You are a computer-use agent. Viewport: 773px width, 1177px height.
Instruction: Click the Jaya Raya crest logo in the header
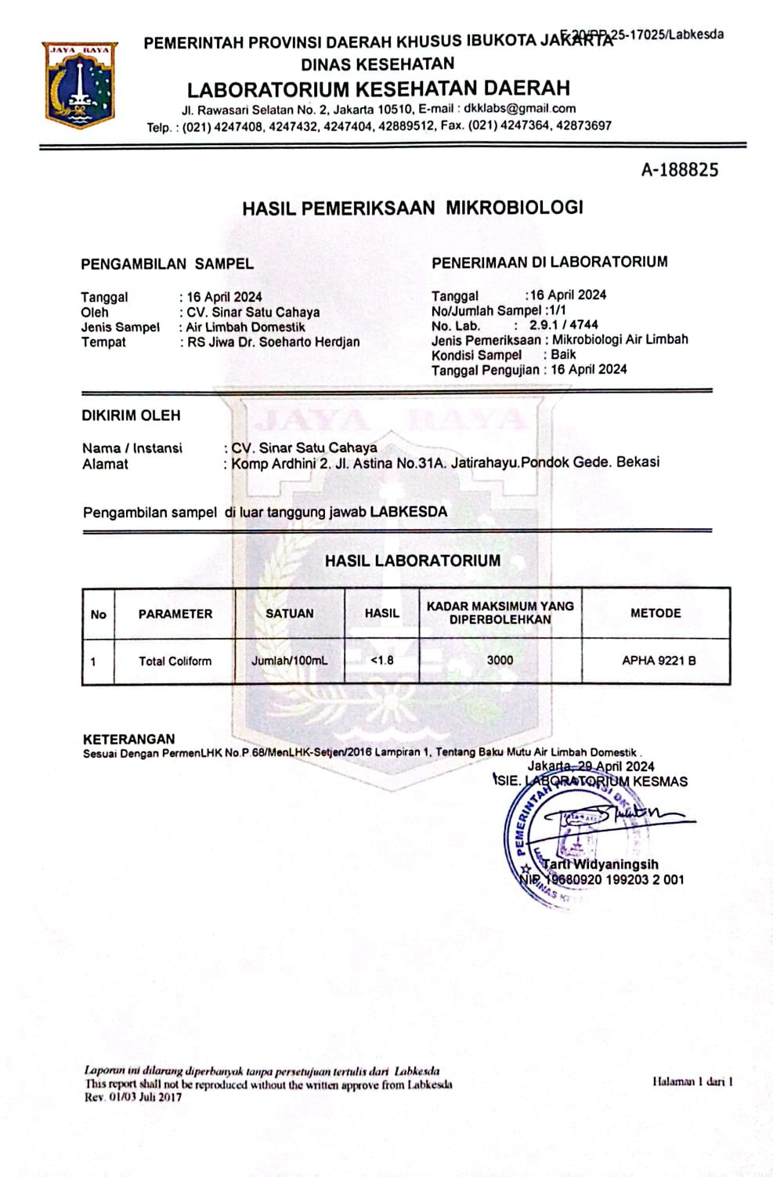click(80, 85)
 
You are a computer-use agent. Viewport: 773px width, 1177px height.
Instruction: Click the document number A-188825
click(679, 170)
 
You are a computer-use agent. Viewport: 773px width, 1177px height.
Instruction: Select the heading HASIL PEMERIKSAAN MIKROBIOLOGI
click(413, 208)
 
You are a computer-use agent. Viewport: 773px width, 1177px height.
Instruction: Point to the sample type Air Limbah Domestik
click(245, 327)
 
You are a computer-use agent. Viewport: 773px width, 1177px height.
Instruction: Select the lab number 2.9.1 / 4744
click(563, 325)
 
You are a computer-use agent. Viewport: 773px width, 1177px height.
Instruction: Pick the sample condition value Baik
click(563, 354)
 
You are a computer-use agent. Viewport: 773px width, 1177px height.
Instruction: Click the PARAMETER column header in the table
click(175, 614)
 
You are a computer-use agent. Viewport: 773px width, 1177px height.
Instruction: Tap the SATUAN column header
click(289, 614)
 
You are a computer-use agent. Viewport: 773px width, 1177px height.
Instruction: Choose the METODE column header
click(656, 613)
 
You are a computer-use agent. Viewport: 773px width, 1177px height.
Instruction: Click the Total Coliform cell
click(175, 661)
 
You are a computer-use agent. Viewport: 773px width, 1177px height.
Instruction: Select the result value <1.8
click(381, 660)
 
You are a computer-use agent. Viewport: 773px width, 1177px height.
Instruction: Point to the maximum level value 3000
click(500, 660)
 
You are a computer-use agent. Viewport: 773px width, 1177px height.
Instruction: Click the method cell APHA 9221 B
click(659, 660)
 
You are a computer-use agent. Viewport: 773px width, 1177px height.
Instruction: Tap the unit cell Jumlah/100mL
click(289, 661)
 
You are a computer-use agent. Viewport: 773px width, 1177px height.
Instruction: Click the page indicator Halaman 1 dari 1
click(692, 1081)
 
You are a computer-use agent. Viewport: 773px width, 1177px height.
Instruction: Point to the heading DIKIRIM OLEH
click(131, 415)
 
